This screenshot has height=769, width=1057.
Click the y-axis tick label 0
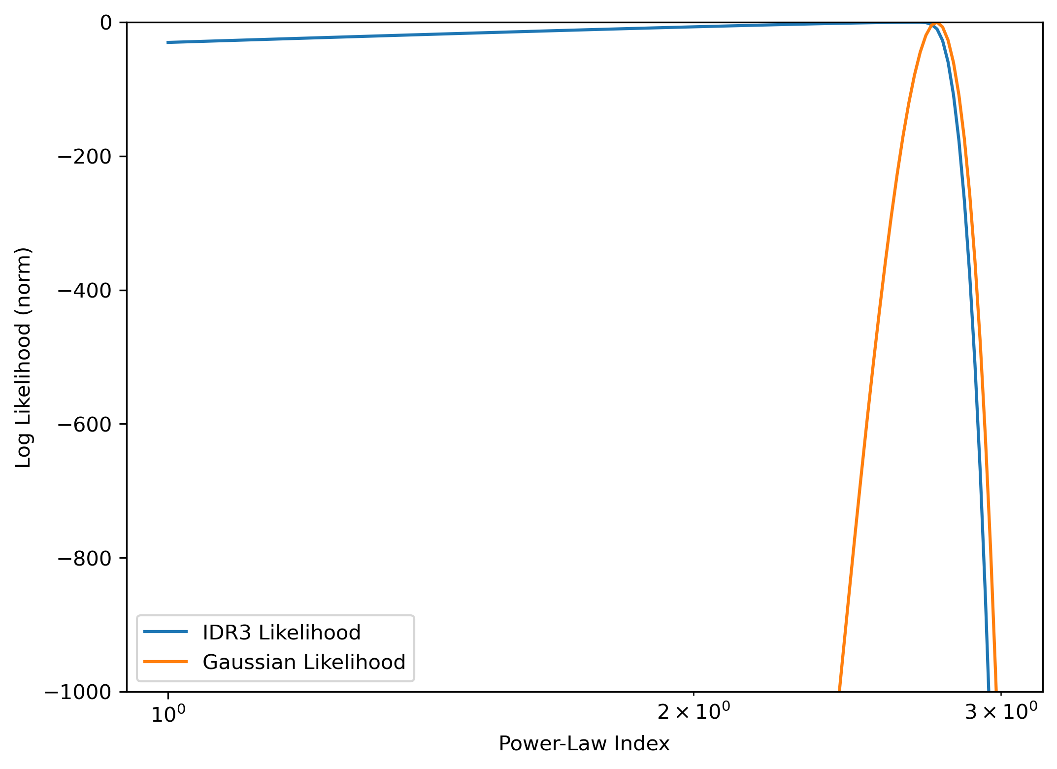tap(106, 23)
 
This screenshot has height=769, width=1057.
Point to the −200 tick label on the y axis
tap(85, 157)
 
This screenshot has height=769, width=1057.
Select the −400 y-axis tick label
tap(85, 291)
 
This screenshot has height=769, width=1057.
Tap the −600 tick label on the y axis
tap(85, 424)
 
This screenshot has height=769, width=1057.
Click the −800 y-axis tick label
tap(85, 558)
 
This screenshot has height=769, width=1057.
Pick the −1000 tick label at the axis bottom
tap(79, 692)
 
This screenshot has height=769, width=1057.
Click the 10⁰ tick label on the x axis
tap(168, 714)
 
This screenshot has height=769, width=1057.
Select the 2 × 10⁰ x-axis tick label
tap(694, 712)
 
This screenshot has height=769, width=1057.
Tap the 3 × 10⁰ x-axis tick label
tap(1001, 712)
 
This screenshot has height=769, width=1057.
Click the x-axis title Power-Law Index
tap(584, 744)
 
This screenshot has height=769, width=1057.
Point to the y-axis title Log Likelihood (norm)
tap(23, 358)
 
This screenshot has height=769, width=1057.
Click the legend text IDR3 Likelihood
tap(282, 633)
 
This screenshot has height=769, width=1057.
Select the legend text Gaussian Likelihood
tap(304, 662)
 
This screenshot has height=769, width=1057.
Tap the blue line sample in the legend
tap(165, 632)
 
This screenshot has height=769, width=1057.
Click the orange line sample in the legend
tap(165, 662)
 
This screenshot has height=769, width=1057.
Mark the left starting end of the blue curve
tap(168, 42)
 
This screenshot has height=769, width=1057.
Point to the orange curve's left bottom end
tap(839, 691)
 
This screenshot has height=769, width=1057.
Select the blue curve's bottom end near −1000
tap(989, 691)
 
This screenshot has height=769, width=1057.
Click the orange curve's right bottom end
tap(996, 691)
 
